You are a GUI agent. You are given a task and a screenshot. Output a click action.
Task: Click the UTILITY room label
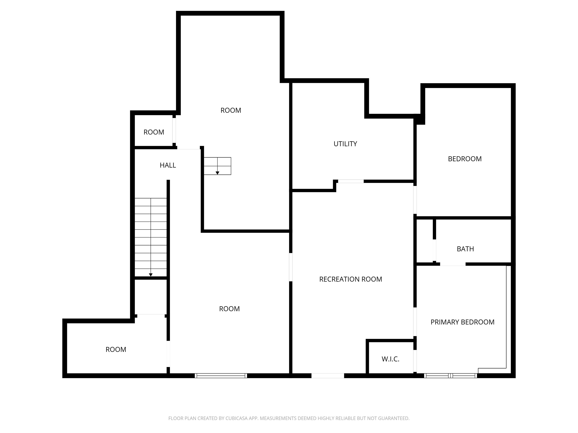[345, 144]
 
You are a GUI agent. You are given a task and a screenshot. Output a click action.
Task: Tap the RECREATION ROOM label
[350, 279]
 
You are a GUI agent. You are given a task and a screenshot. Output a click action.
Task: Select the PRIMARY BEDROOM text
[462, 322]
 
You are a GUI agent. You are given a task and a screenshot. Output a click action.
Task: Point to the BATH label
[465, 249]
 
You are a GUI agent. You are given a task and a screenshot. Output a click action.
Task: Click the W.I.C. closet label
[390, 359]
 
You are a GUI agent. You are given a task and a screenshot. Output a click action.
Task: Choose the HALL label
[168, 165]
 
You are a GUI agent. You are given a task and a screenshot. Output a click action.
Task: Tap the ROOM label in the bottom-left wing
[116, 350]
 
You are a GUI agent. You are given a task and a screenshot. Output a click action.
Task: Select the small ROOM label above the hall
[154, 132]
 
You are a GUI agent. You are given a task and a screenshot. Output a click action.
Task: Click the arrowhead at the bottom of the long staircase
[151, 275]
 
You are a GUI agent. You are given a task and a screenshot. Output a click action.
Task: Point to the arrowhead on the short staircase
[217, 173]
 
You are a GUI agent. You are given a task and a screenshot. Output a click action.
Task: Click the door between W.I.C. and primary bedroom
[415, 361]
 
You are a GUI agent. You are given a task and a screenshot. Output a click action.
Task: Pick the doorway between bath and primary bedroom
[453, 264]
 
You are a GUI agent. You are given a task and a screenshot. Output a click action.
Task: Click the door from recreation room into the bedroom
[415, 200]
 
